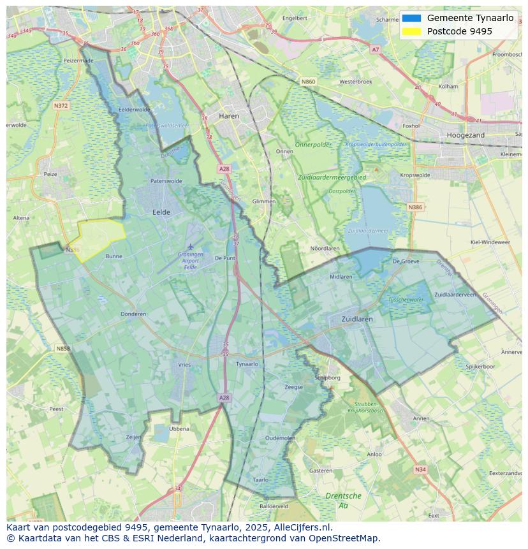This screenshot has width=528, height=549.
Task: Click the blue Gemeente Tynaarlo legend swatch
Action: (x=412, y=18)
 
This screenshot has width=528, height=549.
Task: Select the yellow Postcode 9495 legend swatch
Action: (x=412, y=31)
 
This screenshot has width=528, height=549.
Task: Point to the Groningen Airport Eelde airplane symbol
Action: (x=190, y=246)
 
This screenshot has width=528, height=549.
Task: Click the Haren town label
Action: (x=228, y=116)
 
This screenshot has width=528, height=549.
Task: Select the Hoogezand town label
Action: (x=466, y=135)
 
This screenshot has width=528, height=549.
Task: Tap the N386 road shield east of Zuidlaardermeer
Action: (x=415, y=207)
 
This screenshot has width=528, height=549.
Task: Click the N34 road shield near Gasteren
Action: (x=420, y=469)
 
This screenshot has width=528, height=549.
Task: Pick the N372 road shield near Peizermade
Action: (x=61, y=105)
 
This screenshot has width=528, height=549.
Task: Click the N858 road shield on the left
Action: (x=62, y=349)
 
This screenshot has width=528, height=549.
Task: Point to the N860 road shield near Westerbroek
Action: (x=308, y=82)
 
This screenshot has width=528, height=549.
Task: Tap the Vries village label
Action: (x=184, y=365)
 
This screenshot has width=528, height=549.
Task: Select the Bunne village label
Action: (x=114, y=256)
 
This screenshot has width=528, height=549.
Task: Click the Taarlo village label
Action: (x=260, y=479)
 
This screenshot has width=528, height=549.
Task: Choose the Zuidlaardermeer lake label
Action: (x=368, y=231)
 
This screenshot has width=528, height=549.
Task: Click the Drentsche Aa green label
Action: (x=343, y=501)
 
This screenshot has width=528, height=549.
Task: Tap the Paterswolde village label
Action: (x=166, y=181)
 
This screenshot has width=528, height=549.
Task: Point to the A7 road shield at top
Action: (x=375, y=49)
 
